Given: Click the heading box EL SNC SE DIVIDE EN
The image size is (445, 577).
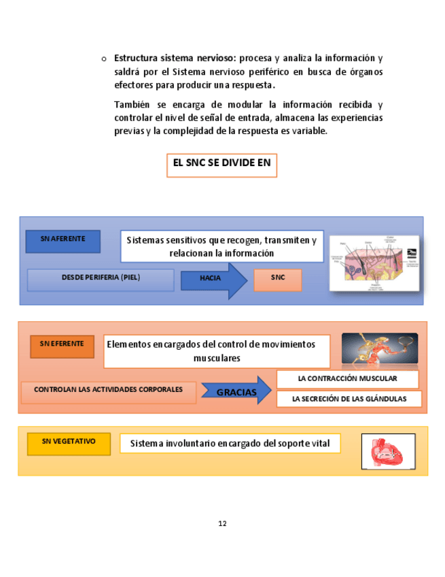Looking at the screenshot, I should point(221,165).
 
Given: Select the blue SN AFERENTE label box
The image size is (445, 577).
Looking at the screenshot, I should point(63,242).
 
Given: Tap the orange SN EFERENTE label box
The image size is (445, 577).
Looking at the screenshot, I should point(62,346).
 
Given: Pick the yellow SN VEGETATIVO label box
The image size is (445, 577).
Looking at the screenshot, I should point(69,444).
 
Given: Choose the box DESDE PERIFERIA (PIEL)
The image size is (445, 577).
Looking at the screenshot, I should point(101,280).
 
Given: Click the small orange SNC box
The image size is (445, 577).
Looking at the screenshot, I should point(277,280).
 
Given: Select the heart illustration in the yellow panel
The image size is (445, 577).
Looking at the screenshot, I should point(387,452).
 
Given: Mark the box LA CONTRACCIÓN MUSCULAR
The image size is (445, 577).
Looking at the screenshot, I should point(347,379).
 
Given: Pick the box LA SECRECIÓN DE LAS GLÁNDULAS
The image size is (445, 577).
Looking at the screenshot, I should point(349,399).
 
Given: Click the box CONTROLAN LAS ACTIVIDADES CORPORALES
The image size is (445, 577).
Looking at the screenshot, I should point(109,392).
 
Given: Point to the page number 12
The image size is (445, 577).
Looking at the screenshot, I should point(222,523).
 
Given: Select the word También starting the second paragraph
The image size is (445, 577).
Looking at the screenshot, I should point(132,105).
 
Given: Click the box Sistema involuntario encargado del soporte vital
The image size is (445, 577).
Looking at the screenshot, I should point(230,444).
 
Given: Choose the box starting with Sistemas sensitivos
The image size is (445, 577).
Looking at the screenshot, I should point(221,246).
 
